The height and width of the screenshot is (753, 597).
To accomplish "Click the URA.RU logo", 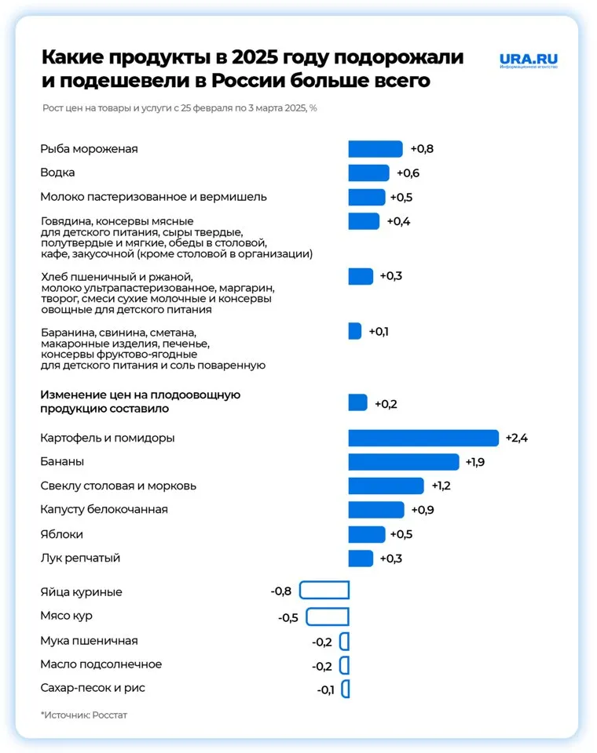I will click(x=529, y=60).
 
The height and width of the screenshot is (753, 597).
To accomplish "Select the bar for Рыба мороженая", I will click(x=375, y=149).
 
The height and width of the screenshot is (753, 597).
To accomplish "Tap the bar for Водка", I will click(x=368, y=173).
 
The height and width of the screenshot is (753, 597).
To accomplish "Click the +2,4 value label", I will click(x=516, y=438).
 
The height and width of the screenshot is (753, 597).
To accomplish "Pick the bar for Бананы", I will click(x=404, y=462).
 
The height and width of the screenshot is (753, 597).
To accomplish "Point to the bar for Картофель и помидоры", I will click(x=423, y=438).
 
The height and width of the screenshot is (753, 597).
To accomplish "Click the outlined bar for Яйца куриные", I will click(x=324, y=591).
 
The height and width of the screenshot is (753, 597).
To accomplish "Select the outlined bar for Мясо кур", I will click(x=327, y=617).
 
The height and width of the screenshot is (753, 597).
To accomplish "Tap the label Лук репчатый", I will click(x=80, y=558).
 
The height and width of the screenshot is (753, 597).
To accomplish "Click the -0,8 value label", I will click(x=281, y=591).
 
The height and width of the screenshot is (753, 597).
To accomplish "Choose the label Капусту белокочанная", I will click(x=104, y=510).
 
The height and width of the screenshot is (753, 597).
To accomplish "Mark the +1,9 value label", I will click(x=474, y=462).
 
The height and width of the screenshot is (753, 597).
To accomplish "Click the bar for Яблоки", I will click(x=367, y=534).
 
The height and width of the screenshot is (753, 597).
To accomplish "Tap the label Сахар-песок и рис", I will click(x=93, y=688).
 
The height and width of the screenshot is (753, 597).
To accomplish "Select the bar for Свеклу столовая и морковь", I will click(x=386, y=486).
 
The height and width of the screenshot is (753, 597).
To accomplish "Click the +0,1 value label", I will click(x=379, y=331).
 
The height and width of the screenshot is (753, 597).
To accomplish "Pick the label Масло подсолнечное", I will click(x=101, y=664).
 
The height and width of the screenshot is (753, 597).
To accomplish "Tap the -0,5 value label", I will click(x=288, y=617).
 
